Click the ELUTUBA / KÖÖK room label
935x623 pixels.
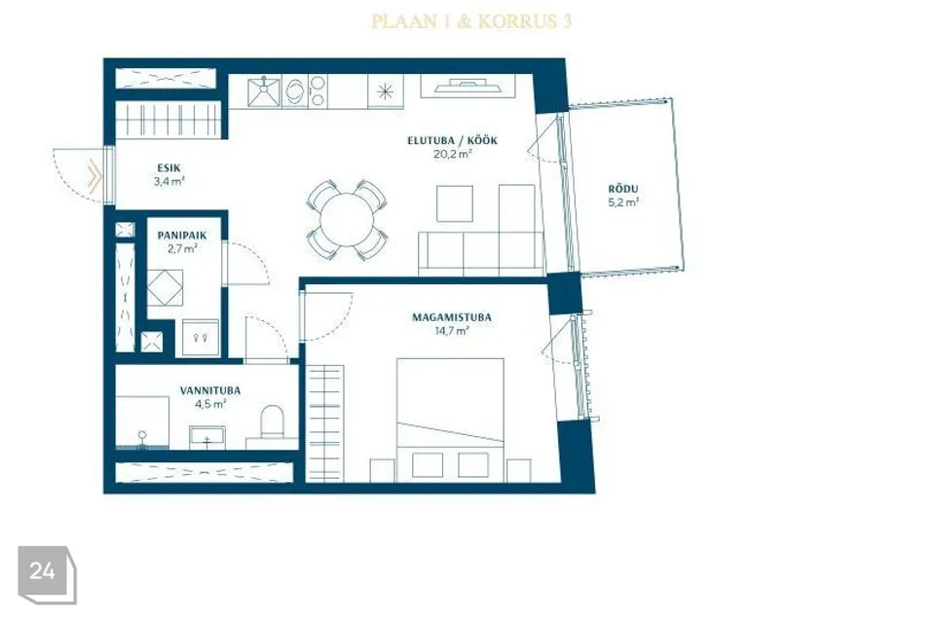click(x=452, y=141)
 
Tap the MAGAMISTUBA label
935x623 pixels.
click(x=452, y=317)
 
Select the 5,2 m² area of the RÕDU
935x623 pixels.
click(x=623, y=202)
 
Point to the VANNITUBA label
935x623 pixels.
click(x=210, y=390)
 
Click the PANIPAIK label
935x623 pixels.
click(x=182, y=236)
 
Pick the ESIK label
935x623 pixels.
click(x=168, y=168)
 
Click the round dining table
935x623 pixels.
click(x=347, y=220)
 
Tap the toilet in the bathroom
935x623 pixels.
click(x=273, y=421)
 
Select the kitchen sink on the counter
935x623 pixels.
click(x=264, y=92)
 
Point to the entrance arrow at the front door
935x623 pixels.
click(x=94, y=176)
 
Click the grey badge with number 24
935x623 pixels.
click(x=47, y=574)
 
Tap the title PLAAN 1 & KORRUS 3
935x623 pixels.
click(x=471, y=21)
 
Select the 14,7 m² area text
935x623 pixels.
click(x=451, y=331)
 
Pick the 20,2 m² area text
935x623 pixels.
click(x=453, y=154)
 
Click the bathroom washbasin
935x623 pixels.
click(x=206, y=437)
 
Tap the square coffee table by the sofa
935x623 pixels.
click(x=455, y=203)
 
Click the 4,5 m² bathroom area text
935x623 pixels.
click(x=210, y=404)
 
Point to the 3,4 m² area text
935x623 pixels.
click(x=168, y=182)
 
